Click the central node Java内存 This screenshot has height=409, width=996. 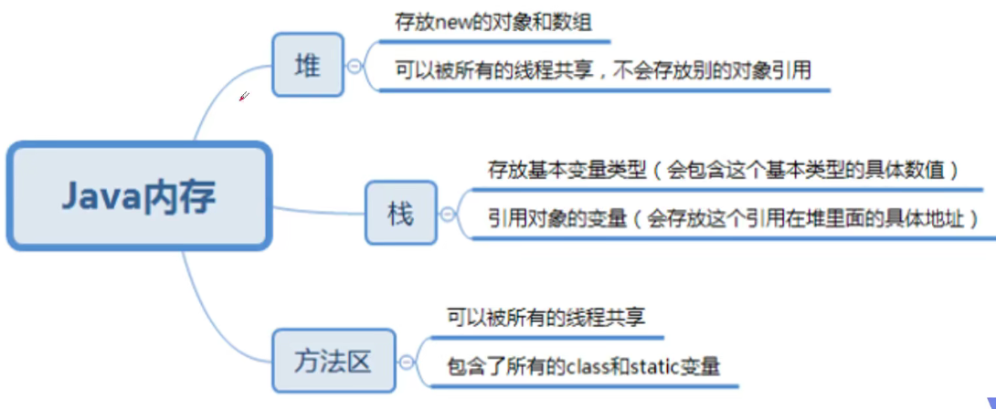click(140, 195)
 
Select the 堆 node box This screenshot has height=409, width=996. click(308, 66)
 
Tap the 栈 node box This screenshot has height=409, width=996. click(401, 213)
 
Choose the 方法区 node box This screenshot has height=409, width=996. click(334, 362)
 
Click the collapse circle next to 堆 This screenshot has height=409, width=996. click(354, 67)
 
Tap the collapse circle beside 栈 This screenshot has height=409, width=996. click(447, 214)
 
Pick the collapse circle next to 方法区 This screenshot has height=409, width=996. click(406, 362)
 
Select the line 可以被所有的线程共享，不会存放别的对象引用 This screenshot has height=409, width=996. click(603, 69)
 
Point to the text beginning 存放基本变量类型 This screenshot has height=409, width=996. click(723, 170)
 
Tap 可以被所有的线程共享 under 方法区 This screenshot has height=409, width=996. click(546, 318)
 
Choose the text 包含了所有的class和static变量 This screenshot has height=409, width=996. click(583, 367)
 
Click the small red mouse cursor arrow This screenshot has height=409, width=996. click(244, 96)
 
